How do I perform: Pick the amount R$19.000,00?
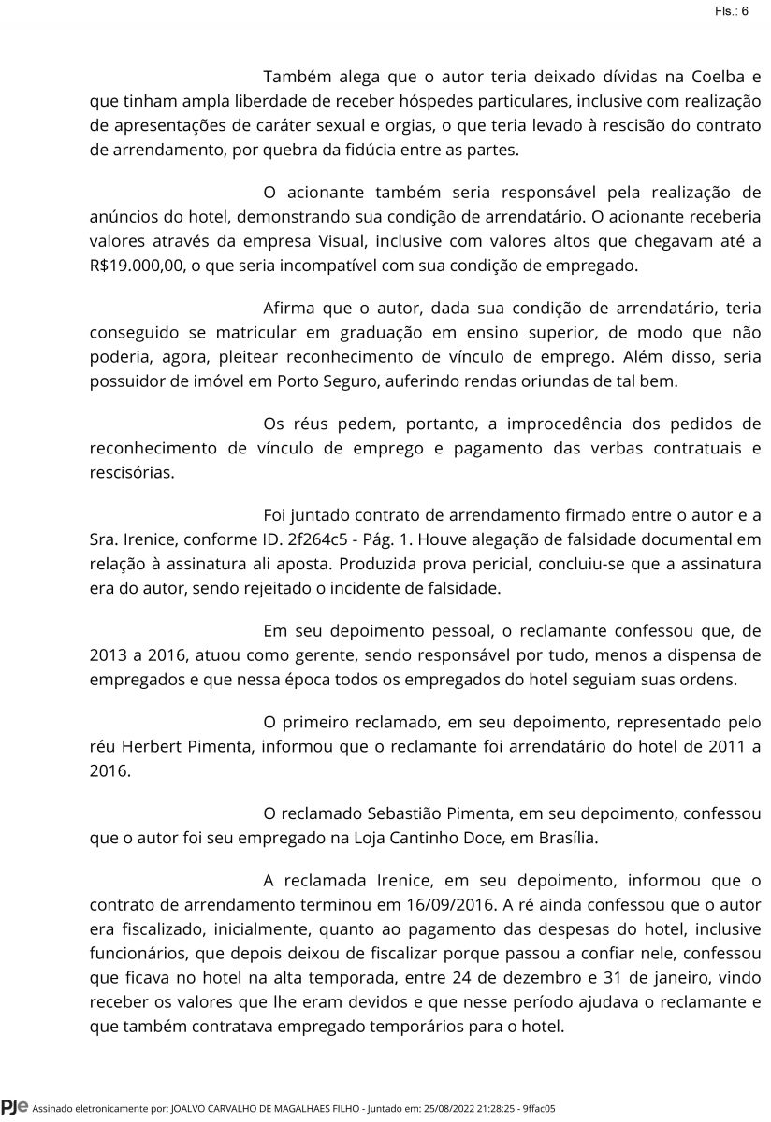click(138, 266)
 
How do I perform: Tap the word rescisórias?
click(132, 473)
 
